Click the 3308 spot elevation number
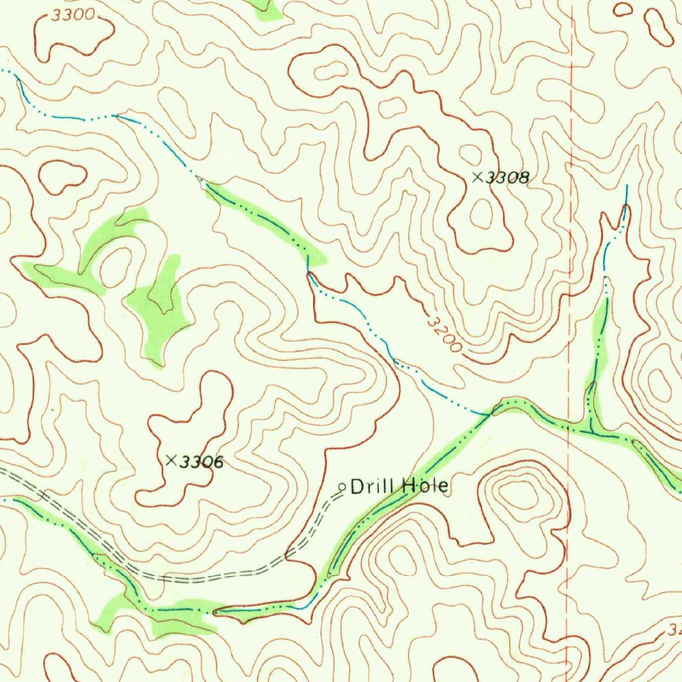508,178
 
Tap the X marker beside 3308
477,177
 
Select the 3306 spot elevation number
202,461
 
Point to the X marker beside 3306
171,460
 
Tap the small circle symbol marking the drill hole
342,487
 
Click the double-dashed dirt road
200,575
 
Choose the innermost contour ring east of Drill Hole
521,494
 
